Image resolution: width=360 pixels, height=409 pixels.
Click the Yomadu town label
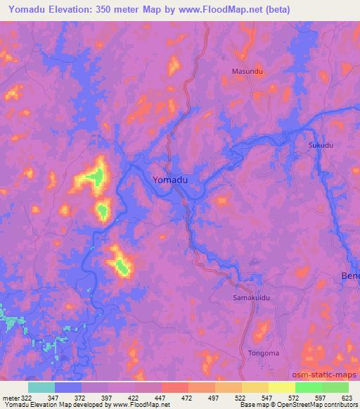[170, 180]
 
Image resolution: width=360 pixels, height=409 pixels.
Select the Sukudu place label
[321, 145]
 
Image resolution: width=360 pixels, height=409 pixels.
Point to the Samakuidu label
[251, 298]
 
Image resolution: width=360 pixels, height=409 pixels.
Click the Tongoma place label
[264, 353]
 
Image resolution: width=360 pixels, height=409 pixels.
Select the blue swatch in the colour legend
[68, 387]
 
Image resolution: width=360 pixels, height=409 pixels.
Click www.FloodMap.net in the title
[221, 11]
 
